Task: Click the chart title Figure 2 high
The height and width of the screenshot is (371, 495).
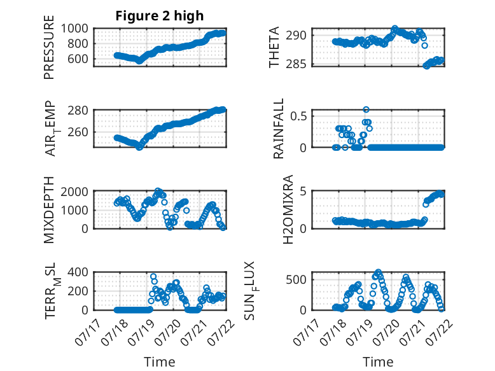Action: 160,16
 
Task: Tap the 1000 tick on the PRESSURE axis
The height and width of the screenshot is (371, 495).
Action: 74,29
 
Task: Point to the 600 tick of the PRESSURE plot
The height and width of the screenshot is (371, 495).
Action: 78,59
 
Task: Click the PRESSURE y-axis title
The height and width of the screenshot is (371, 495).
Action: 49,47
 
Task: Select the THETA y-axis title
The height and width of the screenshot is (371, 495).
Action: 274,47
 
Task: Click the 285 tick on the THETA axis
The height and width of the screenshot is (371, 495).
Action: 296,64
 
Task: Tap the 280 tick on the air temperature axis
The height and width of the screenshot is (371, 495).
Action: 78,111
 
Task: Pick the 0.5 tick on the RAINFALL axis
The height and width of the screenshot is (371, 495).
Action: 298,116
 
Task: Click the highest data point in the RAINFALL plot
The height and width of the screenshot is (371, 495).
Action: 366,109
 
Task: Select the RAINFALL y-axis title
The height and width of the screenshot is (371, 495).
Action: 279,129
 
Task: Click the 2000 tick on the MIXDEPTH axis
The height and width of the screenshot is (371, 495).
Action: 74,192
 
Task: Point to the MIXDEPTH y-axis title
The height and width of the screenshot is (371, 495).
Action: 49,210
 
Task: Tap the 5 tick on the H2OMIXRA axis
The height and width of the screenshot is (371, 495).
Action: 303,192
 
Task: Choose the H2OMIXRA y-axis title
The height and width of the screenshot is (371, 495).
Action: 288,209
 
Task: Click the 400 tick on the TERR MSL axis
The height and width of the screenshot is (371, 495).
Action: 78,272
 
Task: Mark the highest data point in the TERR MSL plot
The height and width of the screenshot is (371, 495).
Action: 153,276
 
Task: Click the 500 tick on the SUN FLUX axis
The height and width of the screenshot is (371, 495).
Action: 296,279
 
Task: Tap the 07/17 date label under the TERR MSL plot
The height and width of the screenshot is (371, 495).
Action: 88,331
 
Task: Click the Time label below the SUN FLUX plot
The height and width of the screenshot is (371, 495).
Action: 378,361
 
